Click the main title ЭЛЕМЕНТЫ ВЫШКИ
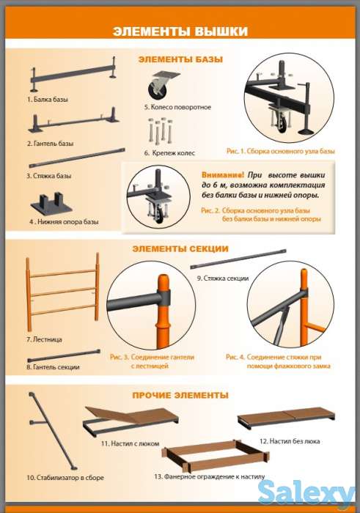[180, 32]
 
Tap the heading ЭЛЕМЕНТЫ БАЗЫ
[180, 59]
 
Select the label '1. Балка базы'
[48, 100]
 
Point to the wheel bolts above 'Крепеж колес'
[161, 130]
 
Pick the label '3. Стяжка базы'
[49, 176]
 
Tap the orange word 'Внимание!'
[223, 175]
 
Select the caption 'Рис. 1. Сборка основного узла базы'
[281, 151]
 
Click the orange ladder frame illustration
[62, 291]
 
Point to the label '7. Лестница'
[44, 339]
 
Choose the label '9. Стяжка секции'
[223, 278]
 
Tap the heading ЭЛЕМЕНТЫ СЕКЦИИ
[180, 249]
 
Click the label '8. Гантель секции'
[53, 367]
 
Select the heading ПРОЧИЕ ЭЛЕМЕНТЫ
[180, 395]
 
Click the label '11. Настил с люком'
[130, 444]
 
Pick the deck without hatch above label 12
[286, 417]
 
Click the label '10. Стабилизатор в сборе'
[65, 478]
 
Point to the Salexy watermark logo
[306, 493]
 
